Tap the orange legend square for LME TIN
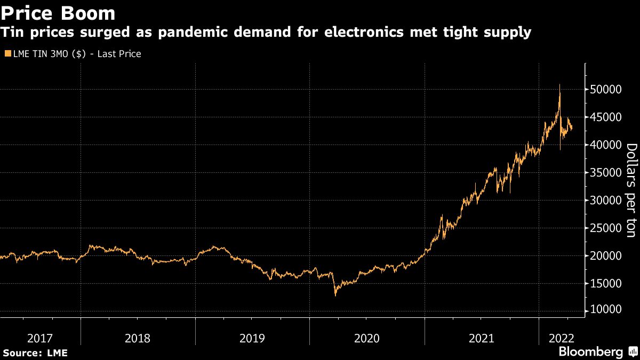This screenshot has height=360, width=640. [6, 54]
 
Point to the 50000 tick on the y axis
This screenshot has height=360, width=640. [606, 89]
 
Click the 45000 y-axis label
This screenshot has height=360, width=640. [606, 117]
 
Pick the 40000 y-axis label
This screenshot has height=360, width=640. [606, 145]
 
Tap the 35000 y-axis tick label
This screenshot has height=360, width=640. [606, 172]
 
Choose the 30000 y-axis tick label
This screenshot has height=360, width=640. [606, 200]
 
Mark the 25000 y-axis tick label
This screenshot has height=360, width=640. [606, 228]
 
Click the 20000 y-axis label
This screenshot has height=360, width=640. [606, 255]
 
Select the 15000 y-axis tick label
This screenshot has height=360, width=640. [606, 283]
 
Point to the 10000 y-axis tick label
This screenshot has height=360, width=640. [606, 310]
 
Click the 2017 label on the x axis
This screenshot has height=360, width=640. [39, 338]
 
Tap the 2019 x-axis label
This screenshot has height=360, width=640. [252, 338]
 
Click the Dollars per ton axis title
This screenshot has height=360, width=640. [631, 190]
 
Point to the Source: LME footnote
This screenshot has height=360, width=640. [35, 353]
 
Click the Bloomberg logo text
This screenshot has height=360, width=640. [590, 351]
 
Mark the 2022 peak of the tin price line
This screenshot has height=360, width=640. [559, 85]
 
